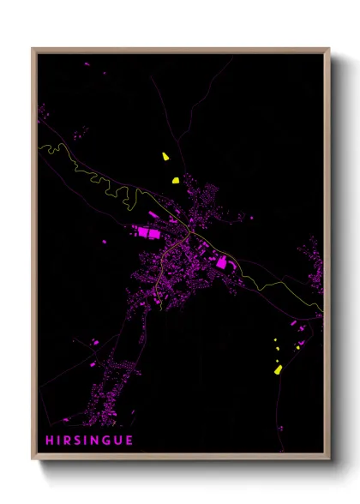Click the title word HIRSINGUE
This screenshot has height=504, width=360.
point(90,441)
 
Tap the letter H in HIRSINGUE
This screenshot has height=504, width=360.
point(51,441)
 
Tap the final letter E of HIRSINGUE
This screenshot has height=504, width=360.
point(130,441)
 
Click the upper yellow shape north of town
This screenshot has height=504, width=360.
point(164,156)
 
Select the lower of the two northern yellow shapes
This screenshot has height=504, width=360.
point(174,180)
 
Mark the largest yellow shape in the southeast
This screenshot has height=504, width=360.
point(277,369)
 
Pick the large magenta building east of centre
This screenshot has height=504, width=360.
point(221,264)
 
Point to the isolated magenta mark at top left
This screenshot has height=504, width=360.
point(86,64)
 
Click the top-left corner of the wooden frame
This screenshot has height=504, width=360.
point(33,49)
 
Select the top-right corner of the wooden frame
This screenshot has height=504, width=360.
point(329,49)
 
